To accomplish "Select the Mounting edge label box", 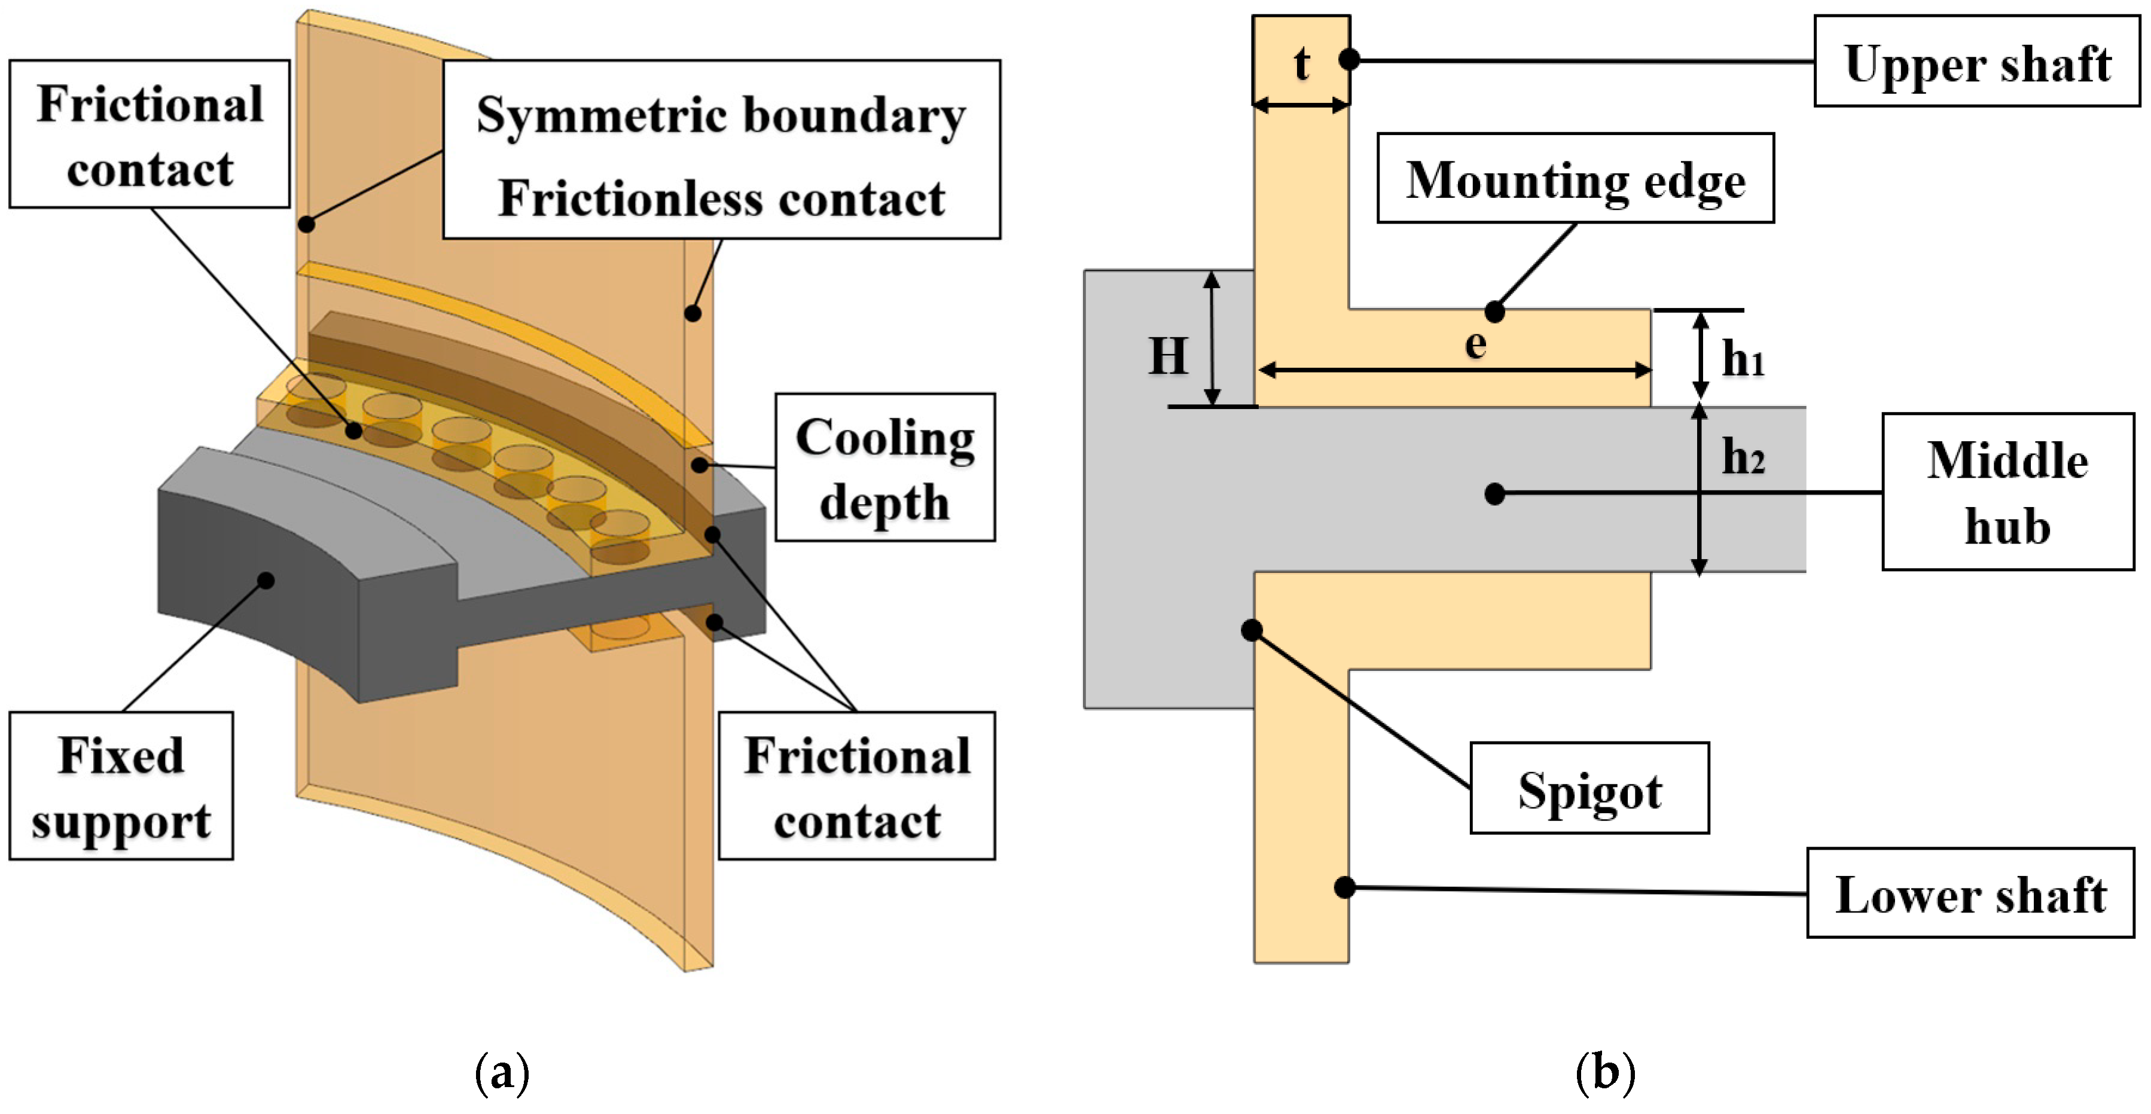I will pyautogui.click(x=1575, y=178).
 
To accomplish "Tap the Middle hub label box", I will pyautogui.click(x=2007, y=492).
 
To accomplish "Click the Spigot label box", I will pyautogui.click(x=1589, y=788).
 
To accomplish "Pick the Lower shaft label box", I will pyautogui.click(x=1970, y=893).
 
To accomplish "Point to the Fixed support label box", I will pyautogui.click(x=121, y=786).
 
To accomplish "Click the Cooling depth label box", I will pyautogui.click(x=884, y=468).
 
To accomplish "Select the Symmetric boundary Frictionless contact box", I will pyautogui.click(x=721, y=150).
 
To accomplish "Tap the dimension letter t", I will pyautogui.click(x=1301, y=63).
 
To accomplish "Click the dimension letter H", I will pyautogui.click(x=1167, y=356).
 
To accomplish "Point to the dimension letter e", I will pyautogui.click(x=1475, y=343).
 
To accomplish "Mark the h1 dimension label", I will pyautogui.click(x=1743, y=359).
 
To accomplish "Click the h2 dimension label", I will pyautogui.click(x=1743, y=457).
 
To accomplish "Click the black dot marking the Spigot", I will pyautogui.click(x=1251, y=630).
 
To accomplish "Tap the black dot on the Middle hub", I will pyautogui.click(x=1494, y=493).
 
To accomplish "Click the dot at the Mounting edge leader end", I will pyautogui.click(x=1494, y=312).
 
